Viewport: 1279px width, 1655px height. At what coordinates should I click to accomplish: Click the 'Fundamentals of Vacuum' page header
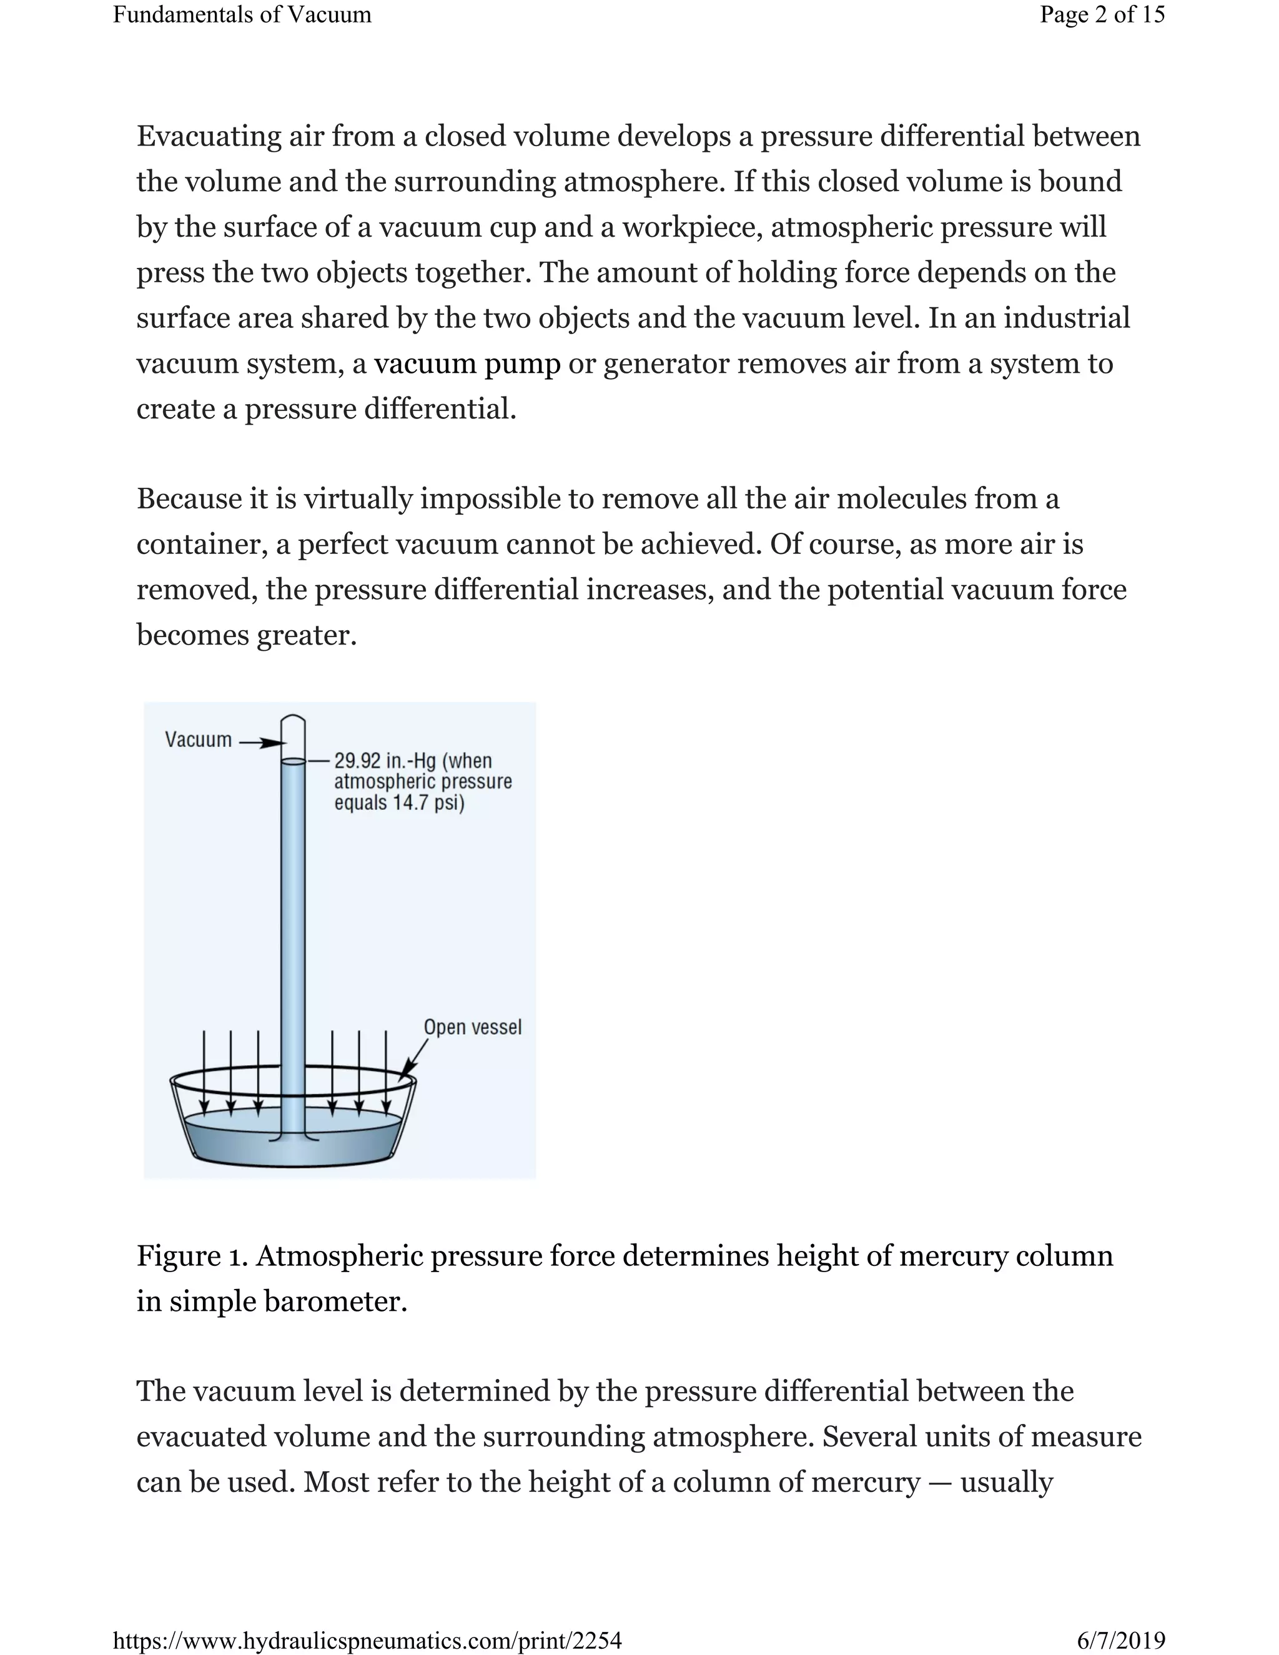tap(242, 14)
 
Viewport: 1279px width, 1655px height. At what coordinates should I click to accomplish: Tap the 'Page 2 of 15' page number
tap(1102, 14)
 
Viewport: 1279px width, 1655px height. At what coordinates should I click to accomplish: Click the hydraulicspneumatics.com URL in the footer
tap(367, 1641)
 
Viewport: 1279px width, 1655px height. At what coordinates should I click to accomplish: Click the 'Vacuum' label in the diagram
tap(199, 739)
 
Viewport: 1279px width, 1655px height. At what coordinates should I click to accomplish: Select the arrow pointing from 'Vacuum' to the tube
tap(259, 743)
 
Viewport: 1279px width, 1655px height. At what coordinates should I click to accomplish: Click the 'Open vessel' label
tap(472, 1027)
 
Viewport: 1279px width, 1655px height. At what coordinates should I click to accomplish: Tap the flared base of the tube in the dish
tap(294, 1137)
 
